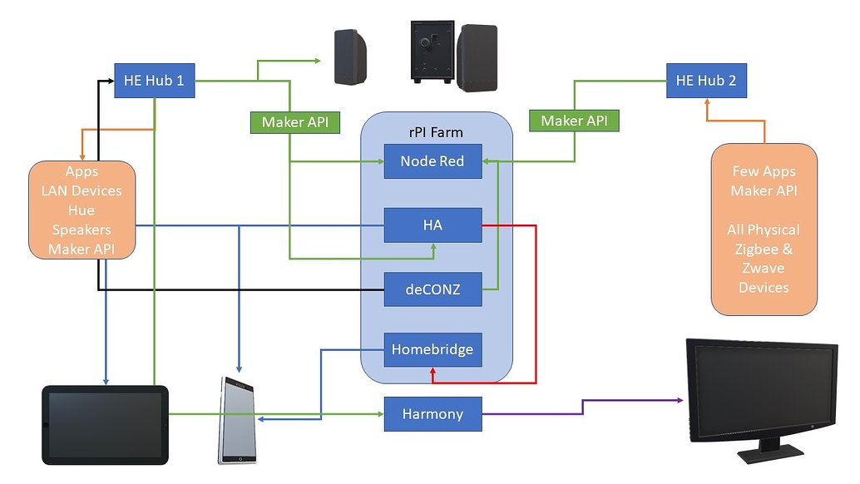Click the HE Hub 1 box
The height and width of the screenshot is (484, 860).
point(154,81)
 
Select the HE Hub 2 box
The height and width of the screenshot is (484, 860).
point(706,81)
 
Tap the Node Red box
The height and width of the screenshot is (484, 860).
point(432,161)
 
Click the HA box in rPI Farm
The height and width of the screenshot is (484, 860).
point(432,225)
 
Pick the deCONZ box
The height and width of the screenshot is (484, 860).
point(432,289)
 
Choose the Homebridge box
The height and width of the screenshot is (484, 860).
point(432,349)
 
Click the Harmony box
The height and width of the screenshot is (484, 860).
point(432,413)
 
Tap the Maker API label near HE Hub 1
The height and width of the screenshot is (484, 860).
point(294,122)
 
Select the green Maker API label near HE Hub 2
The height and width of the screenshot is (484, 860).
point(574,121)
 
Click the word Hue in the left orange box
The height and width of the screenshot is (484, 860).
point(82,210)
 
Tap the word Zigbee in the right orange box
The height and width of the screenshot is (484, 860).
point(764,249)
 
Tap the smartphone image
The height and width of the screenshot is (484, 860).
point(237,420)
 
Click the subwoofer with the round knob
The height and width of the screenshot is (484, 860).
point(432,52)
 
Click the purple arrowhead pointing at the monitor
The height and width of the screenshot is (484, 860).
point(677,401)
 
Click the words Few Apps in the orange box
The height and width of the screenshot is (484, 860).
point(764,171)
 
